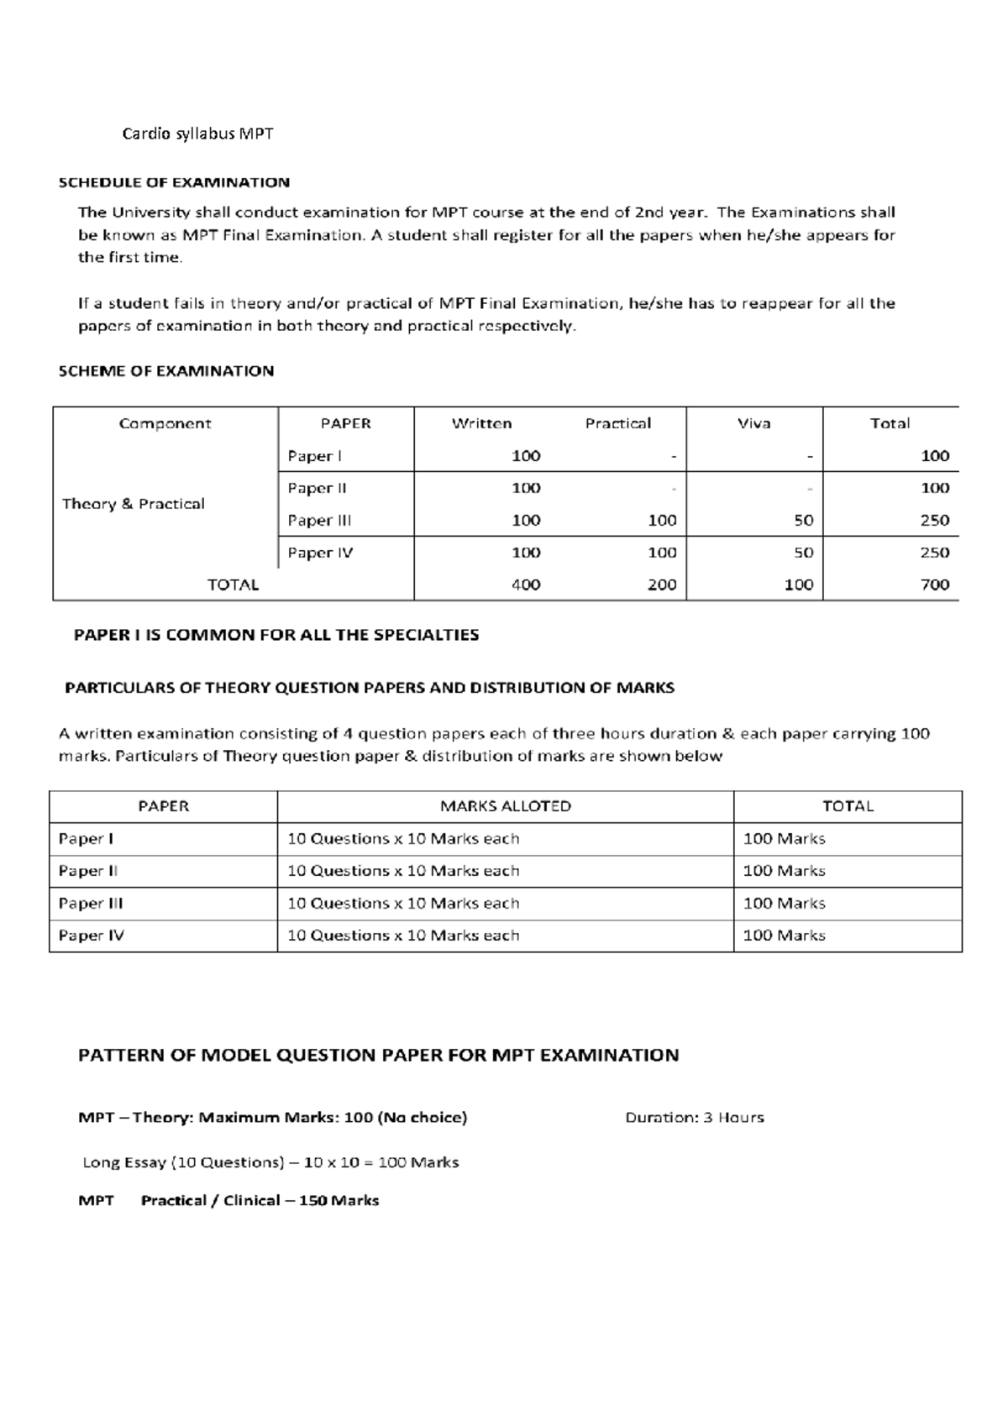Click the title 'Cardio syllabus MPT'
click(197, 134)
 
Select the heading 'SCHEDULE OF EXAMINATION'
click(174, 182)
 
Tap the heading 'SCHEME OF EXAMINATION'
click(166, 370)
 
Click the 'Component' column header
click(165, 423)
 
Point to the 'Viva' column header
click(753, 423)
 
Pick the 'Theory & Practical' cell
click(134, 504)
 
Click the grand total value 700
click(934, 585)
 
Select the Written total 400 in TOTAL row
click(526, 585)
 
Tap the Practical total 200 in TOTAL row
click(662, 585)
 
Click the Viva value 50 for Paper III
click(804, 520)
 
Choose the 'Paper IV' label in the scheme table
click(320, 553)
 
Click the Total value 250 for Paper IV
click(934, 553)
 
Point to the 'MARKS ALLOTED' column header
click(506, 806)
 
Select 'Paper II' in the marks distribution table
click(87, 871)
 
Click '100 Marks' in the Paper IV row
click(784, 936)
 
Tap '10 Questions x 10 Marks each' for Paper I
click(403, 838)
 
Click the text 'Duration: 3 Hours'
click(695, 1118)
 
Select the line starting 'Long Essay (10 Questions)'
click(270, 1162)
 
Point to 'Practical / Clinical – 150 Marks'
click(260, 1200)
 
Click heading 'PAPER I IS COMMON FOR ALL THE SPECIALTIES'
click(276, 635)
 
